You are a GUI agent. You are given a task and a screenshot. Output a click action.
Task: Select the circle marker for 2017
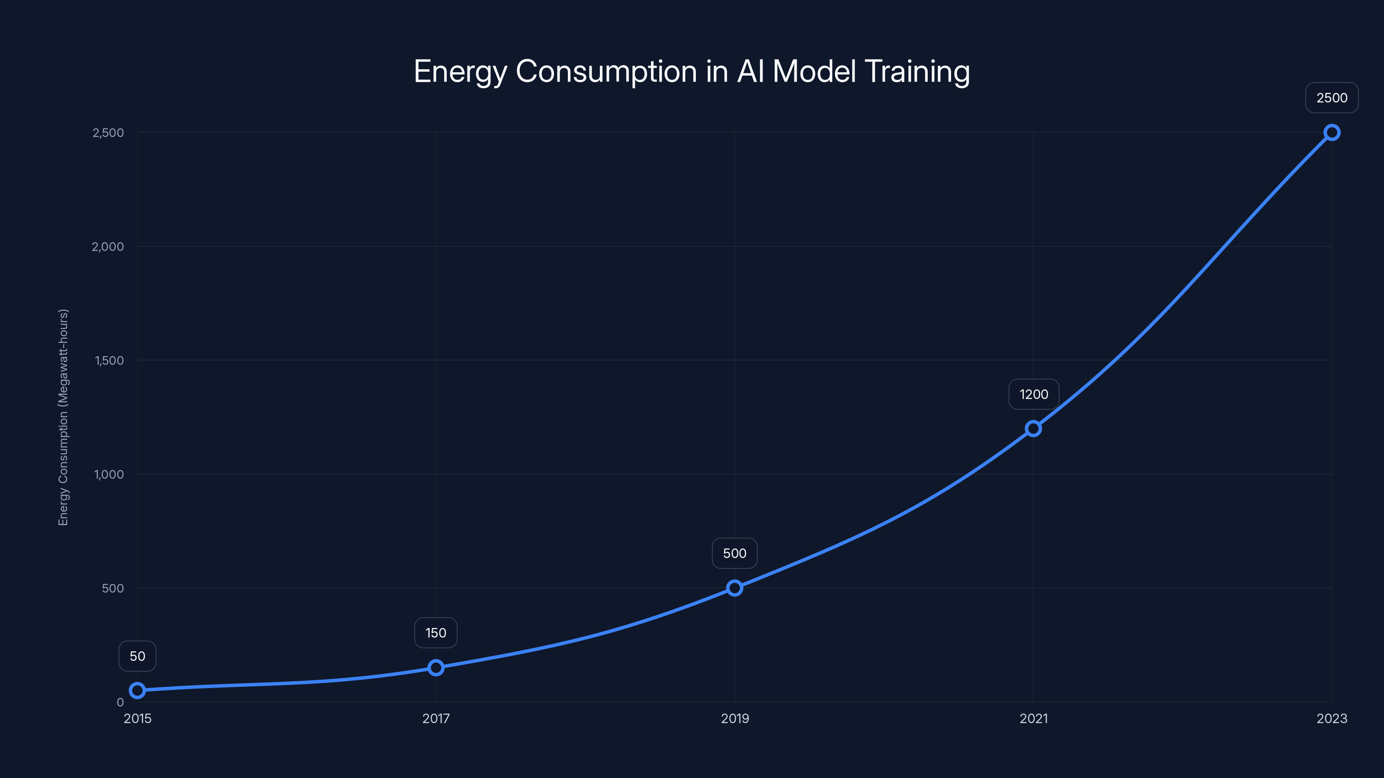(436, 667)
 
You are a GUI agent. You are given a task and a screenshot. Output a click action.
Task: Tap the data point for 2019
(734, 588)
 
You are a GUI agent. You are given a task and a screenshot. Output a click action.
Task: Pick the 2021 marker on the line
(1033, 428)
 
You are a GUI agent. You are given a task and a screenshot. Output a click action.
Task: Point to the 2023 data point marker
(1332, 133)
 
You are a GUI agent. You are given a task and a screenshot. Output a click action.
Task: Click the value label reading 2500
(1332, 98)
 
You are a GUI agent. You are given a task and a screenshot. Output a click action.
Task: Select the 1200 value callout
(1034, 394)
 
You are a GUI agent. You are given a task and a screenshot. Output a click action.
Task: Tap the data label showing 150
(436, 632)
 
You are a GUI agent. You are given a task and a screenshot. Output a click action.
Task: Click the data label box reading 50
(138, 656)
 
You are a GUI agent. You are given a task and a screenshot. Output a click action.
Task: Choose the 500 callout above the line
(734, 553)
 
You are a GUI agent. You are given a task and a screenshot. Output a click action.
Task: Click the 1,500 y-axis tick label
(109, 360)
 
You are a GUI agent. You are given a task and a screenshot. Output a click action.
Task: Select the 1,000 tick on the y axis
(109, 474)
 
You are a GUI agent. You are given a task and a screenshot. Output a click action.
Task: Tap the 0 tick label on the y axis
(120, 702)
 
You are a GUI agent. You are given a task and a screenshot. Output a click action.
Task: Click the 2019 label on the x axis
(734, 718)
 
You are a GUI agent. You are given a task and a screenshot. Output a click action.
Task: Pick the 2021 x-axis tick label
(1034, 718)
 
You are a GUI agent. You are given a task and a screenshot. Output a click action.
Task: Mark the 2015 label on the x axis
(138, 718)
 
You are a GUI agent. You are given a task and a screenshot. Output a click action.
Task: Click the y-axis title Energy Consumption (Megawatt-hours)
(64, 417)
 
